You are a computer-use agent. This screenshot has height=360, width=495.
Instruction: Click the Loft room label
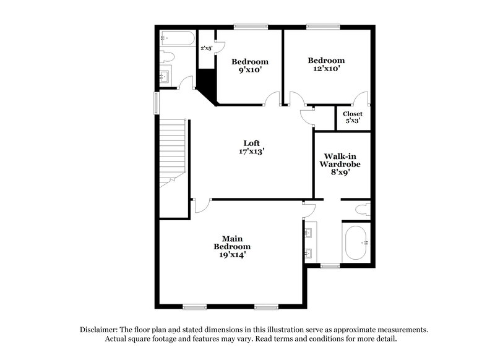[x=251, y=143]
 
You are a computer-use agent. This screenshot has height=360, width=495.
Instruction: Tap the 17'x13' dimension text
[x=251, y=151]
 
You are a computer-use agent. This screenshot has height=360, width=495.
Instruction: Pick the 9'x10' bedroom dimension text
[x=250, y=71]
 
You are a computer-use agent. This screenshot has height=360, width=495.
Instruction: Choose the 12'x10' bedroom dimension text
[x=326, y=69]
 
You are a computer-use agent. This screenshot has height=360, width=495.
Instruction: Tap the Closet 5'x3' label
[x=353, y=118]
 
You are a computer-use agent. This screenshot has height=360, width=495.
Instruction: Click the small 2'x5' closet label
[x=205, y=48]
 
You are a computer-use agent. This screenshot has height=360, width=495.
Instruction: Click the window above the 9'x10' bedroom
[x=251, y=26]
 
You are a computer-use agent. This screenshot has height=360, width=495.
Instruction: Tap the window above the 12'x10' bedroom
[x=322, y=26]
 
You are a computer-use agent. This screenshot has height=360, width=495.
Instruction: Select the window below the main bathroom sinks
[x=330, y=267]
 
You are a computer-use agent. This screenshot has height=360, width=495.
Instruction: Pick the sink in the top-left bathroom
[x=166, y=77]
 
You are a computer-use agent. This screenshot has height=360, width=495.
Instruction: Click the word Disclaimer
[x=100, y=330]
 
